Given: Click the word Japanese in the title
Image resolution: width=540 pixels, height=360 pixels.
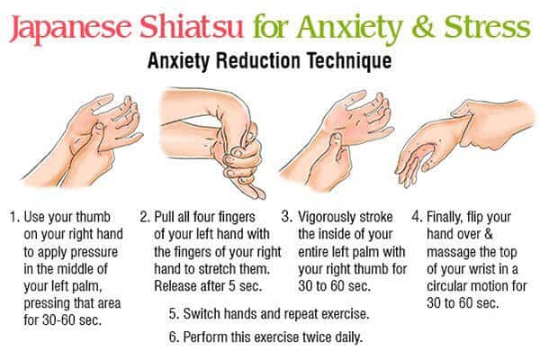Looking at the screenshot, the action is pos(70,28).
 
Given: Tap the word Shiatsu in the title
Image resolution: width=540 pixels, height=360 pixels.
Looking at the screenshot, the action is pos(192,26).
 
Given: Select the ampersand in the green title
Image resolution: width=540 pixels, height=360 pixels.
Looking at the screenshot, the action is pos(423,27).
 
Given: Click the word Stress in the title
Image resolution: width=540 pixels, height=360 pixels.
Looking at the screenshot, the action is pos(487,26).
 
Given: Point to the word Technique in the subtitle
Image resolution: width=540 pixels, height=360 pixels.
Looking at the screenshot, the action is pos(349,61).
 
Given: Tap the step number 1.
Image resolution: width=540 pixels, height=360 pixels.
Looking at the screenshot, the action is pos(13,218).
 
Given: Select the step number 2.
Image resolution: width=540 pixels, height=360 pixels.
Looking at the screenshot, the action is pos(145,218).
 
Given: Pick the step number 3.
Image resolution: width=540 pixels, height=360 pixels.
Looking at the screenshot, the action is pos(287,217).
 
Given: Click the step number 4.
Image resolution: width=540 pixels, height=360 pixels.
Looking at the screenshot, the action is pos(417,217).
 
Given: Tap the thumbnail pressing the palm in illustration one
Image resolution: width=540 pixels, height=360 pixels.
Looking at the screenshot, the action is pos(98,126).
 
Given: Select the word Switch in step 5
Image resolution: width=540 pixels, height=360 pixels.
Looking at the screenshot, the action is pos(202,314).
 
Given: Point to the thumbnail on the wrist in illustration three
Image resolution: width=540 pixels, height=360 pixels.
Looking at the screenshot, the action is pos(337,137).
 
